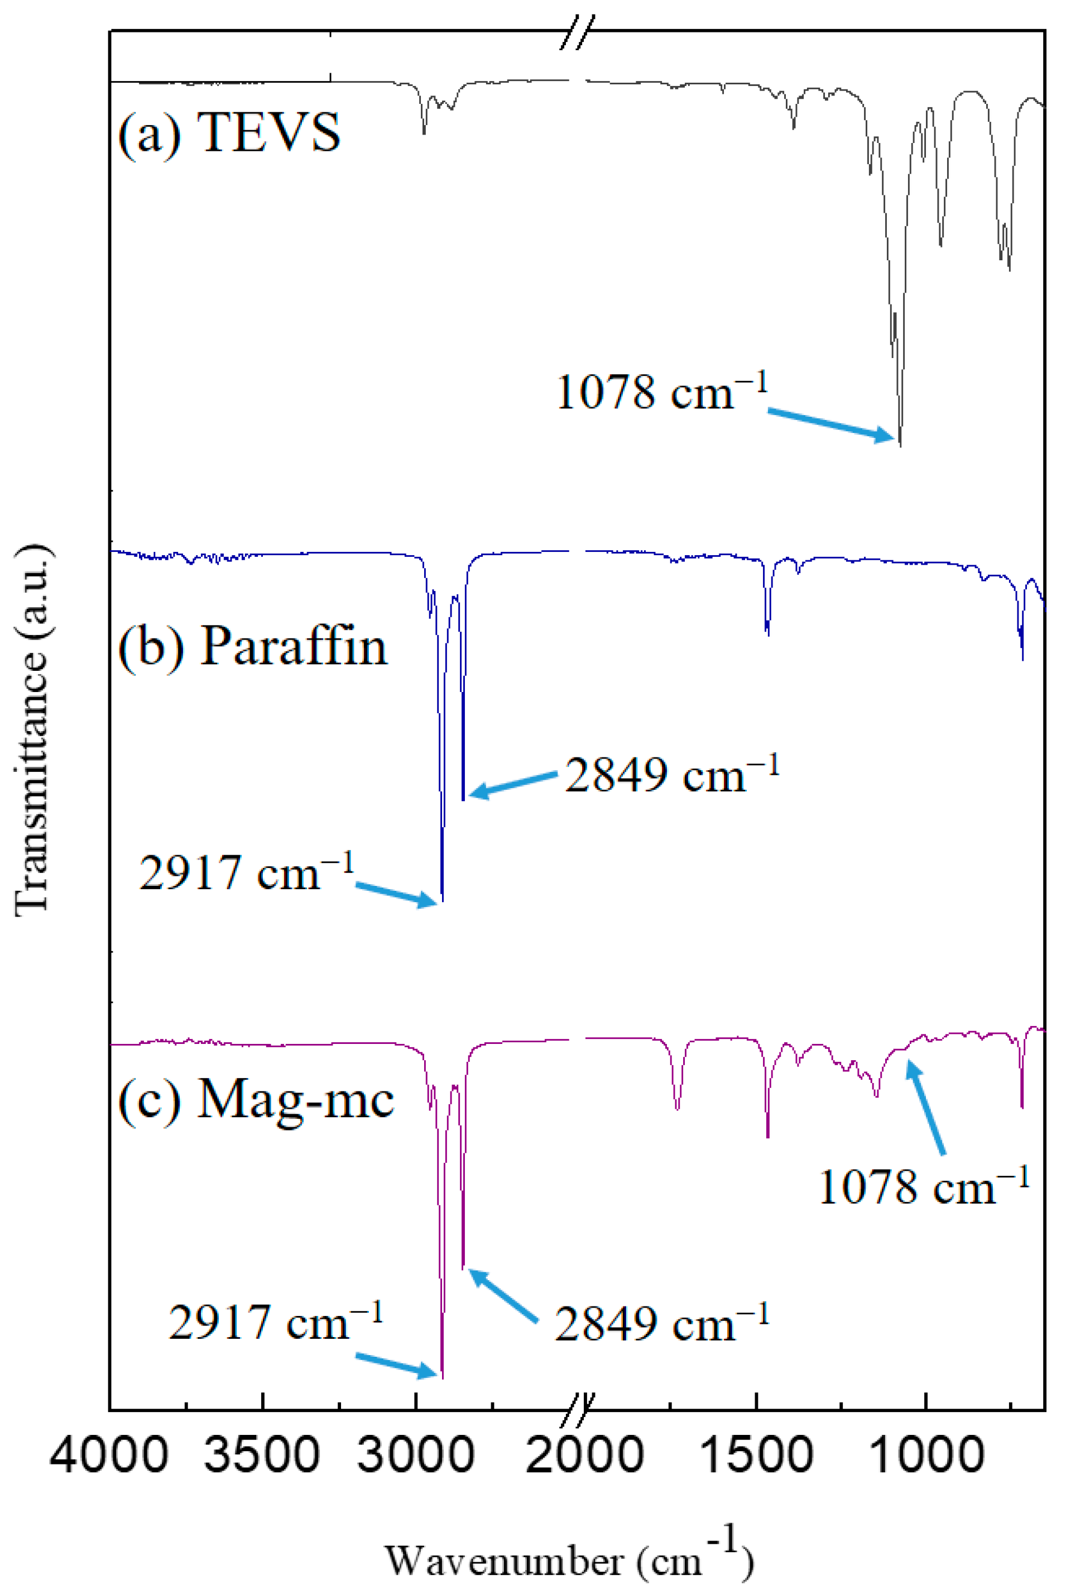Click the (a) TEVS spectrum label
[229, 132]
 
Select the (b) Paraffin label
[252, 646]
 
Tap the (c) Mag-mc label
[256, 1100]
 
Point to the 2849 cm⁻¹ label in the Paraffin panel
[671, 775]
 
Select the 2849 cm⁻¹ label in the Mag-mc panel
[661, 1324]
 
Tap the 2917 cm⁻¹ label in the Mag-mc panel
[275, 1322]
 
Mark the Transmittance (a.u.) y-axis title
[32, 731]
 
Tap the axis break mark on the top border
[577, 32]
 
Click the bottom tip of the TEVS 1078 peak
[900, 446]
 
